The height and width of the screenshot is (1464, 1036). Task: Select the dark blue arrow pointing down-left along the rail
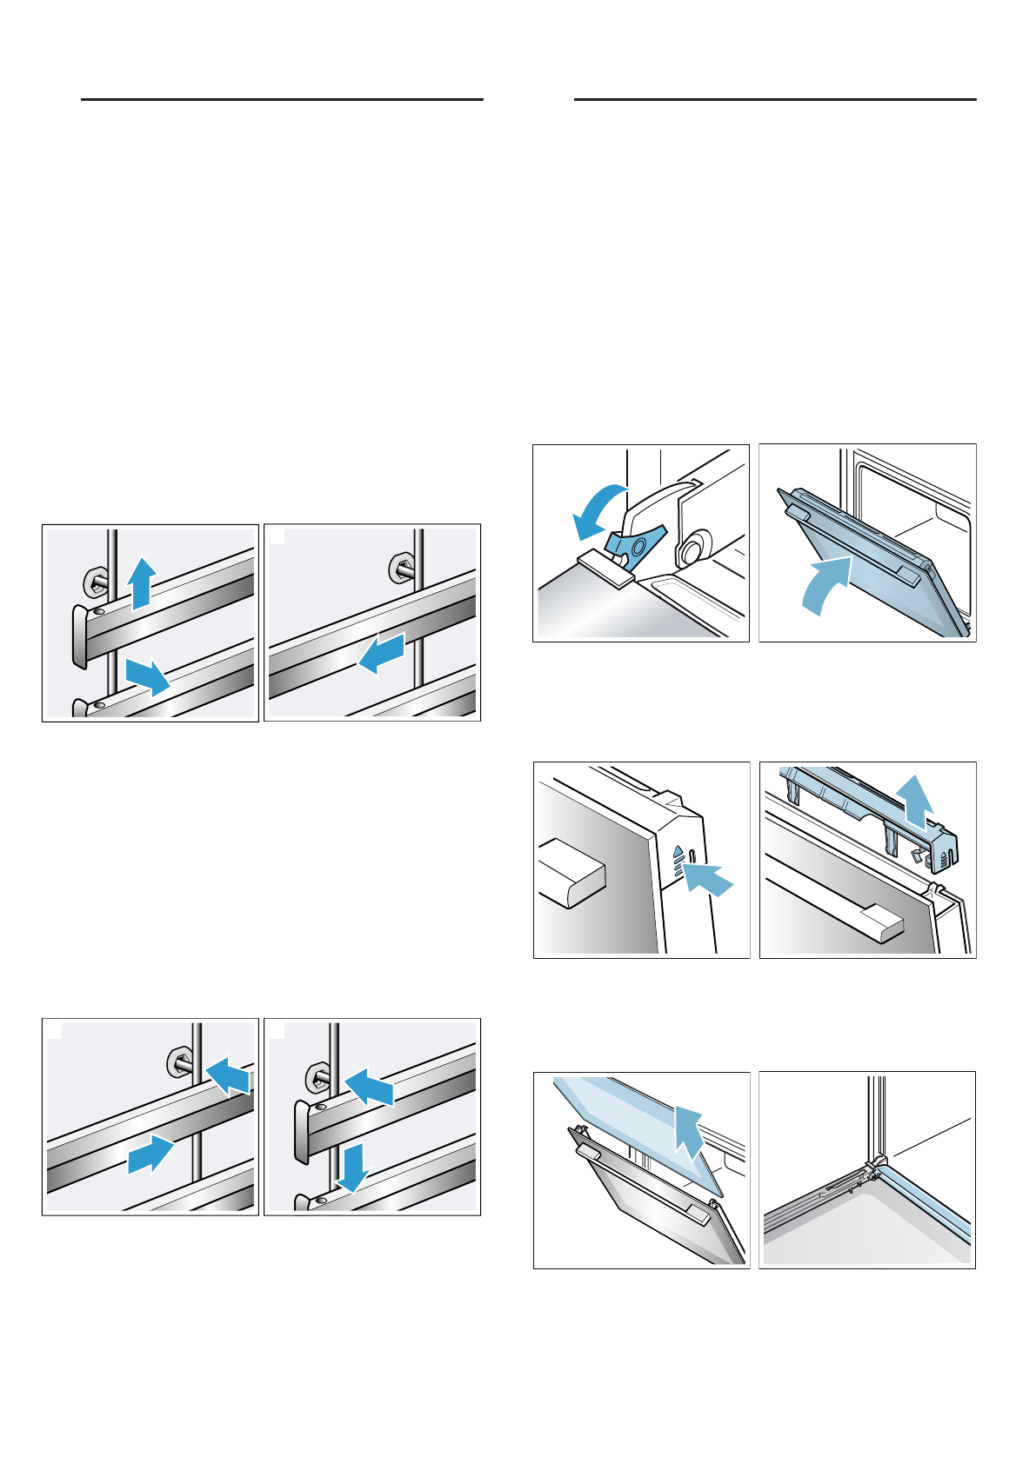[x=382, y=654]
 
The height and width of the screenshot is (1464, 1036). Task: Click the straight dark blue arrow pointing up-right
[x=150, y=1153]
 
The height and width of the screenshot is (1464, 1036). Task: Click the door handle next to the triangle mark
[x=571, y=873]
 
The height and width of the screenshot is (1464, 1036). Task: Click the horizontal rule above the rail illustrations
[x=282, y=100]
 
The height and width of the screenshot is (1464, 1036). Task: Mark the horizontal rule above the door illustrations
[x=775, y=100]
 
